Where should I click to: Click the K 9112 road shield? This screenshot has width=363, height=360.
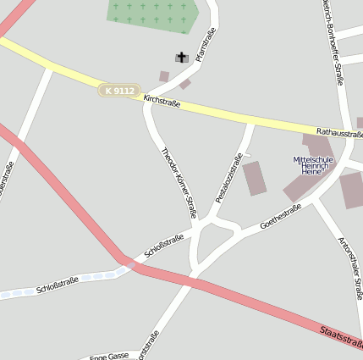tap(117, 89)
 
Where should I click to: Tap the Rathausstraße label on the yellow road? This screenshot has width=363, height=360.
tap(339, 132)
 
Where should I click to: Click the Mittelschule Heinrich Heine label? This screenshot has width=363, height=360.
tap(314, 165)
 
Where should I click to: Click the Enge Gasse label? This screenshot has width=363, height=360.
tap(109, 356)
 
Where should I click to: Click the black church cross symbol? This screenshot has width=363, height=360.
tap(181, 57)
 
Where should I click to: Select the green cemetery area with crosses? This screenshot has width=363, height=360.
tap(152, 12)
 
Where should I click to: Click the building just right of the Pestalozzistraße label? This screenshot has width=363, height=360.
tap(255, 178)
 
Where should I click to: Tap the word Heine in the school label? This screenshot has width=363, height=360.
tap(315, 172)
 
